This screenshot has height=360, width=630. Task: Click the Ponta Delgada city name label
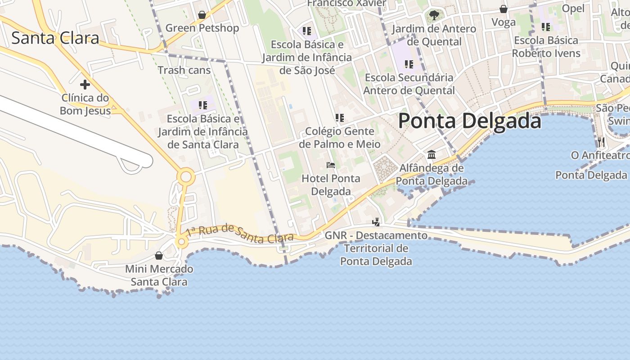pos(469,121)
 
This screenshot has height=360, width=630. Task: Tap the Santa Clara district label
pos(55,38)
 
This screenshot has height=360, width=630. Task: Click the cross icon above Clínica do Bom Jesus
pos(85,84)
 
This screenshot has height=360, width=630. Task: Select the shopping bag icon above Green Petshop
pos(202,15)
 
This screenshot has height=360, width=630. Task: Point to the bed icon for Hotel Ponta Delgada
pos(331,165)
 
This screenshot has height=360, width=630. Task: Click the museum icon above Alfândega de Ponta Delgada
pos(432,155)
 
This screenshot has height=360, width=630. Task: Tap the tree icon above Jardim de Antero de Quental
pos(434,15)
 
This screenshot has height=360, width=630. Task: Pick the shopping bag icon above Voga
pos(504,9)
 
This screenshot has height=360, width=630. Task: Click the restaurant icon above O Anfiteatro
pos(601,142)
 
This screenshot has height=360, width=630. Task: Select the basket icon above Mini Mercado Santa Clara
pos(158,256)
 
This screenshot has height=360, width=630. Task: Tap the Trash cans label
pos(184,70)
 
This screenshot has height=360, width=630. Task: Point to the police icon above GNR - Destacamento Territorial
pos(376,222)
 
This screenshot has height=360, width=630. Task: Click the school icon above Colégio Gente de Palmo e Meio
pos(340,118)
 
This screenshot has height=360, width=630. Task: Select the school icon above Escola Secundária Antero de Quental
pos(409,64)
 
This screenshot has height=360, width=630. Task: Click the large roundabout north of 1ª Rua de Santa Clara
pos(185,177)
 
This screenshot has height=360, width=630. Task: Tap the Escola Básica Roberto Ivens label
pos(546,47)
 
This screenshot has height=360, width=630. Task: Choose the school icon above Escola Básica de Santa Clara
pos(203,105)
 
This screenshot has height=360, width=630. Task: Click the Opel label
pos(573,8)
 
